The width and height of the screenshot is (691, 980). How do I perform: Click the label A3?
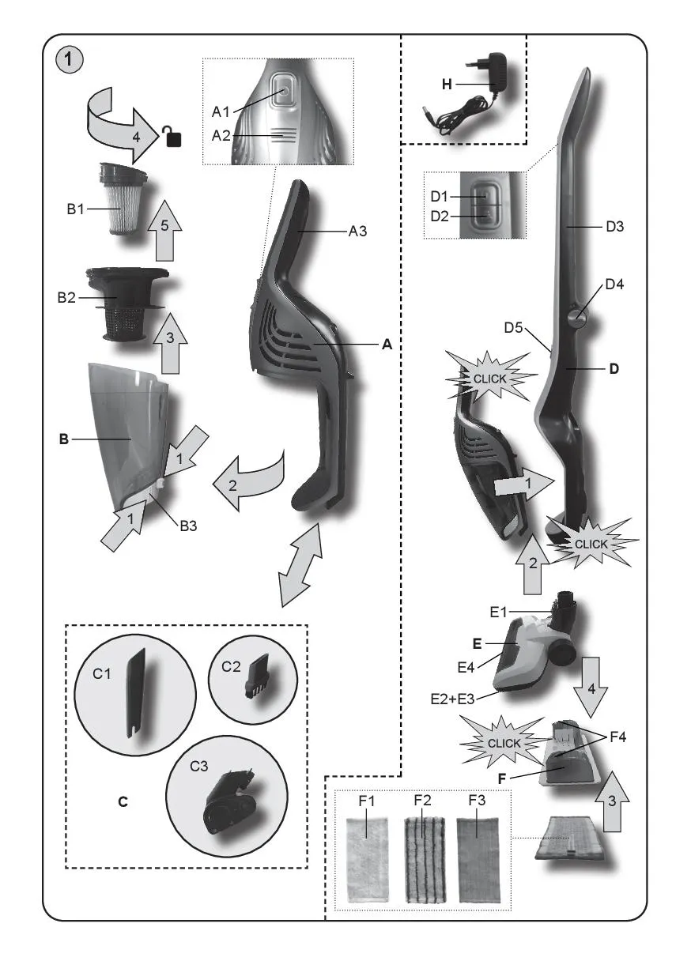[x=360, y=232]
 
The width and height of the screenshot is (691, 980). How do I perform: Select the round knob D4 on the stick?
[x=575, y=316]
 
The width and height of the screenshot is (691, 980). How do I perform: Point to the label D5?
[x=515, y=326]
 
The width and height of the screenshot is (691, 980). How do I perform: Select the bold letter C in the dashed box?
[x=123, y=801]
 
